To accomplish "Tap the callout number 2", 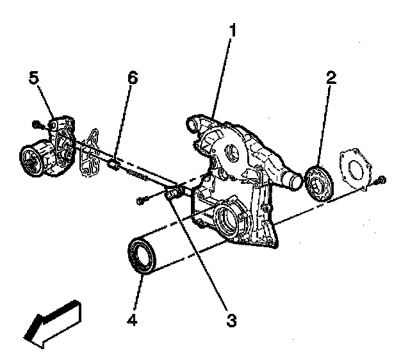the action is click(x=331, y=78).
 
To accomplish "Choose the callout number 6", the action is click(x=133, y=78).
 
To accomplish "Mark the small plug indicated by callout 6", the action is click(x=113, y=163).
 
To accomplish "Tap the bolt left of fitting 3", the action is click(x=142, y=200).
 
